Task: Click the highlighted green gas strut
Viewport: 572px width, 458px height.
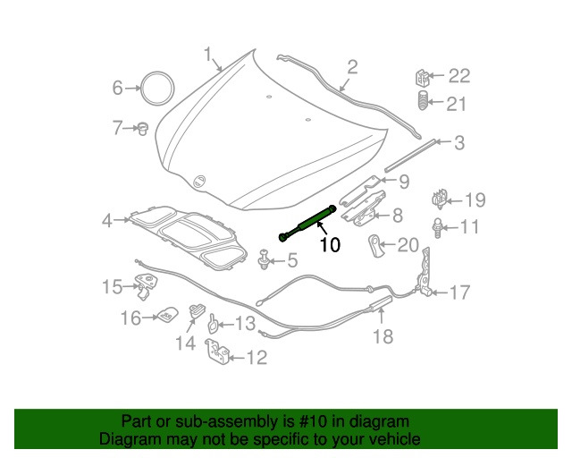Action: pyautogui.click(x=309, y=222)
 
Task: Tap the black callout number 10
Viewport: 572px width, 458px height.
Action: pyautogui.click(x=330, y=244)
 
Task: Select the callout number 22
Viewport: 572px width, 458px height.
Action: pyautogui.click(x=458, y=76)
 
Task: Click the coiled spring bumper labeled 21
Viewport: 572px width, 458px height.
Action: pyautogui.click(x=424, y=104)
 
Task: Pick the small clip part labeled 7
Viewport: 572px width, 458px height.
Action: pyautogui.click(x=140, y=129)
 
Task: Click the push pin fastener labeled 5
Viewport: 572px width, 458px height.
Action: pyautogui.click(x=265, y=260)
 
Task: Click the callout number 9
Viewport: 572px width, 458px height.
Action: pyautogui.click(x=404, y=182)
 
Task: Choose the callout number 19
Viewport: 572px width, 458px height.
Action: pyautogui.click(x=474, y=199)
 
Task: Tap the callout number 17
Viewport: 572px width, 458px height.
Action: pyautogui.click(x=458, y=292)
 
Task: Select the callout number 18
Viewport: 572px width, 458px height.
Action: pyautogui.click(x=383, y=336)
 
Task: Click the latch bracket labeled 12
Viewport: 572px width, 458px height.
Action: pyautogui.click(x=216, y=352)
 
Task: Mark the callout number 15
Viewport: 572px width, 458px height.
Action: pyautogui.click(x=111, y=286)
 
